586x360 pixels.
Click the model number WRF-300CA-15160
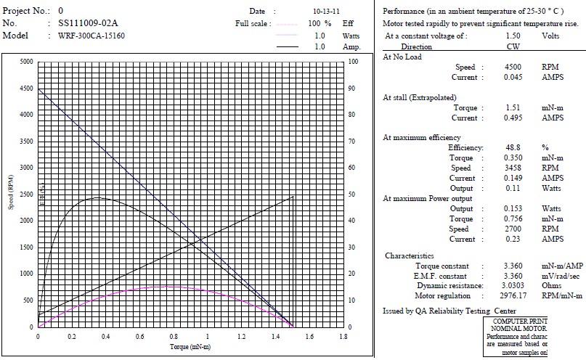91,36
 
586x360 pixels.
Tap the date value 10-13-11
326,12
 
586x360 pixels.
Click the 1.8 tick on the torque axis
343,337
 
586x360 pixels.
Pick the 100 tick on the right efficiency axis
353,62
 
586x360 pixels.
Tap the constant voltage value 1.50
513,36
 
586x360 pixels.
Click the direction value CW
513,46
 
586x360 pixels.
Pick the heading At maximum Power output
427,198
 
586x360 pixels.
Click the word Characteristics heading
410,255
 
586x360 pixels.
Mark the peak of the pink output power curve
166,286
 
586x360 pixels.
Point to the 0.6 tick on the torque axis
139,337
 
